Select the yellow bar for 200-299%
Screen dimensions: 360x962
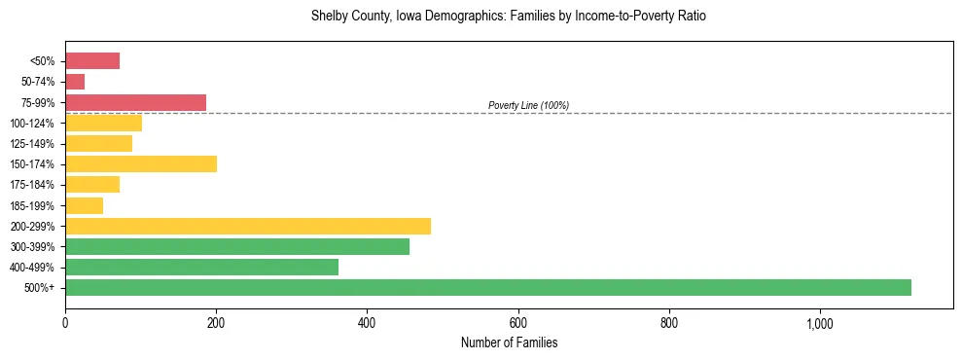click(x=248, y=226)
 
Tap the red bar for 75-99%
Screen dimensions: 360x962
click(x=135, y=102)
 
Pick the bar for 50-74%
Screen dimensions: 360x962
click(x=75, y=82)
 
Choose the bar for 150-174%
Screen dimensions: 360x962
click(x=141, y=163)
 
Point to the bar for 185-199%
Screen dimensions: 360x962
click(x=84, y=205)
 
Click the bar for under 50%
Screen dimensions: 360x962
click(x=92, y=61)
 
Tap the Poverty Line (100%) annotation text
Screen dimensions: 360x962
click(x=528, y=105)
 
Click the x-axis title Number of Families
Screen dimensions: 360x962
click(x=509, y=342)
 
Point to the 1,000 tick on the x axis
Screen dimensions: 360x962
click(x=819, y=323)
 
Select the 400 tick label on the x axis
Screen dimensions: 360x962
click(x=367, y=323)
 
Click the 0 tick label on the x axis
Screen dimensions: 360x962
click(x=65, y=323)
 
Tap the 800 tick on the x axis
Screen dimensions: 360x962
click(x=668, y=323)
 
